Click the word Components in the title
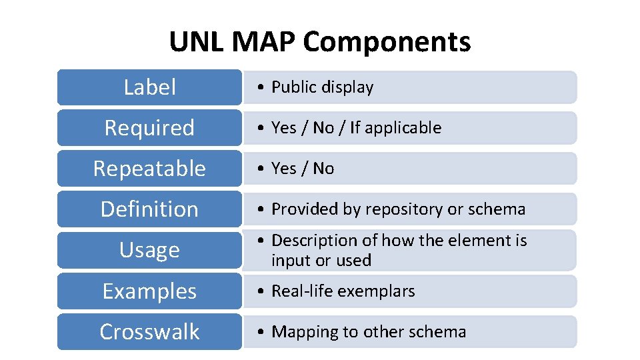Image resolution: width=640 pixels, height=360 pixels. pyautogui.click(x=387, y=42)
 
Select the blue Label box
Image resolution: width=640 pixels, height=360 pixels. pyautogui.click(x=149, y=87)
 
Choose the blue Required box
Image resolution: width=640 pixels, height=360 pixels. pyautogui.click(x=149, y=128)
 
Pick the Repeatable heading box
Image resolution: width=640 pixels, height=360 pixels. pyautogui.click(x=149, y=169)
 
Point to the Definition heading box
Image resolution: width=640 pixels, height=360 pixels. pyautogui.click(x=149, y=209)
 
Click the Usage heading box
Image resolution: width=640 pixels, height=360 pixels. pyautogui.click(x=149, y=250)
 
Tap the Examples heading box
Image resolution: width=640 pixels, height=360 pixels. pyautogui.click(x=149, y=291)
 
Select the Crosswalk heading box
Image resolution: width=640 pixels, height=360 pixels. pyautogui.click(x=149, y=332)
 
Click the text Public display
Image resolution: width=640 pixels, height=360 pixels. pyautogui.click(x=323, y=87)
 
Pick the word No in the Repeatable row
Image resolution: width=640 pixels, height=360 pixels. pyautogui.click(x=323, y=169)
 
